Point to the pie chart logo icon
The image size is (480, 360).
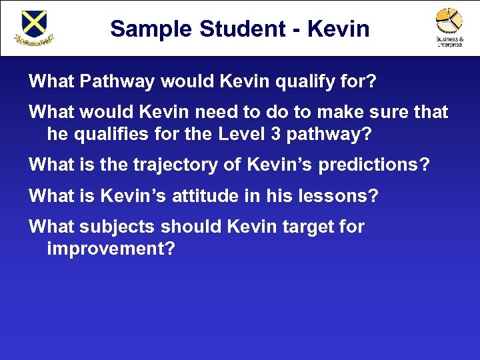(449, 21)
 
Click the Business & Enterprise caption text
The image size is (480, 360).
(449, 41)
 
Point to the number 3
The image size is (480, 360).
(276, 134)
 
